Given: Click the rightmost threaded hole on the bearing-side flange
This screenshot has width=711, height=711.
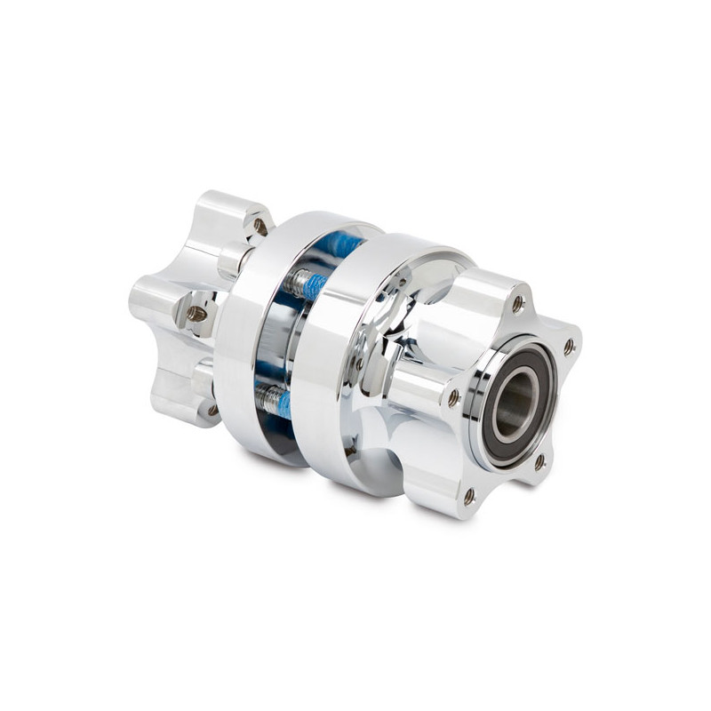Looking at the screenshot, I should [569, 346].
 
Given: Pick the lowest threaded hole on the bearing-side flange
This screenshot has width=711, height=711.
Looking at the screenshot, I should [469, 496].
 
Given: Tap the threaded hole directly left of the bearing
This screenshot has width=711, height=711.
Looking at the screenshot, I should [454, 396].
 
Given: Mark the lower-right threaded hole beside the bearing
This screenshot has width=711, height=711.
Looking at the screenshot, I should [539, 462].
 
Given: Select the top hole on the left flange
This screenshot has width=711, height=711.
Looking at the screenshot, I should [260, 226].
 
